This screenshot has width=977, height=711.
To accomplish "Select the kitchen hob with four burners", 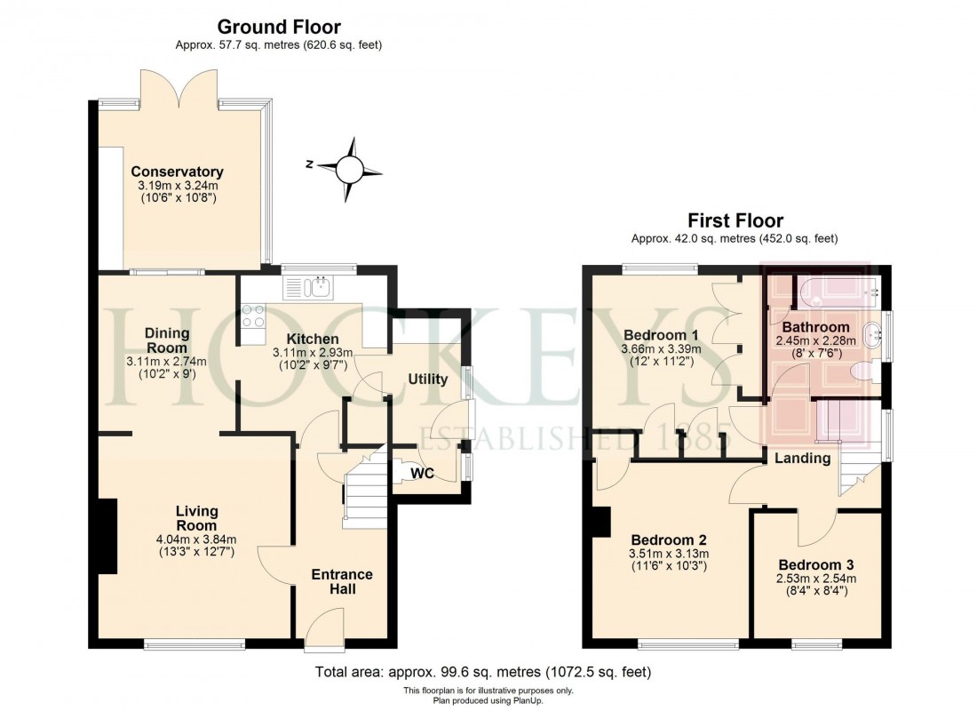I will point(252,318).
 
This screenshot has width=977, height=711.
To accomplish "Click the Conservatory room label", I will point(177,172).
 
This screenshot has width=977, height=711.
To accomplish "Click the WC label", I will point(422,474).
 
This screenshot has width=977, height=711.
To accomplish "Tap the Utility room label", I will point(427,379).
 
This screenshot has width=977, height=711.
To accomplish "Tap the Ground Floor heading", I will point(278,28).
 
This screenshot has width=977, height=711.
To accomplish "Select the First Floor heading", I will point(735,220).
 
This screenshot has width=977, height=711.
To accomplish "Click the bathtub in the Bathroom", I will point(835,289).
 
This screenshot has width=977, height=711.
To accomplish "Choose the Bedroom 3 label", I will point(816,565).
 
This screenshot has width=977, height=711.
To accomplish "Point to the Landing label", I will point(802,459).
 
